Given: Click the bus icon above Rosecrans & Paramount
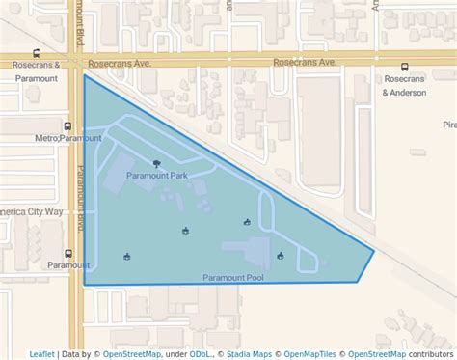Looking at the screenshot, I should [x=37, y=54].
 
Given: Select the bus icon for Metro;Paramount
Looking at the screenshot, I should [x=67, y=126].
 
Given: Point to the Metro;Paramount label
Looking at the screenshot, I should [x=67, y=139].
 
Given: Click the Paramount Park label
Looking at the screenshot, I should [x=156, y=176].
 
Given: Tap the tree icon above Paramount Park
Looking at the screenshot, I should [x=157, y=164].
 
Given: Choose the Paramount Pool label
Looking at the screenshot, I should [x=233, y=278].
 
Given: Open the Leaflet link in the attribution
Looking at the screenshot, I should [x=41, y=354].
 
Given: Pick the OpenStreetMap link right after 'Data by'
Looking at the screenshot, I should [x=131, y=354].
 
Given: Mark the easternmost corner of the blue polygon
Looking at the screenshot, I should [x=374, y=252].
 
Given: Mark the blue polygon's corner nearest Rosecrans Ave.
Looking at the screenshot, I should [x=85, y=75].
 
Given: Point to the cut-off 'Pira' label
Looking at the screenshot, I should [x=448, y=125].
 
